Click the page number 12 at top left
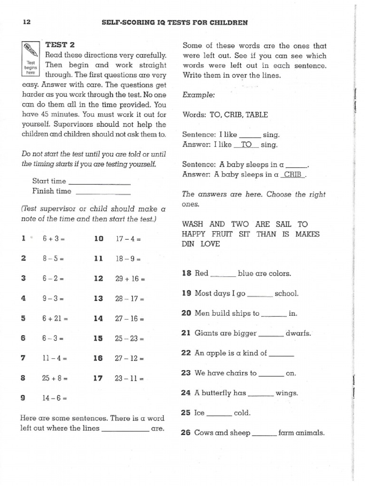27,22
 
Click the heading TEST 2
60,45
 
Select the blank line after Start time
100,183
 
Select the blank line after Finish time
103,193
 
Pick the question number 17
98,379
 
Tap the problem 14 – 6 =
54,399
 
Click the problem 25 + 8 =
55,379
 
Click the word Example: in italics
199,95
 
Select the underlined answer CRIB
293,174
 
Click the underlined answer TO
246,145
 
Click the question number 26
186,433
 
